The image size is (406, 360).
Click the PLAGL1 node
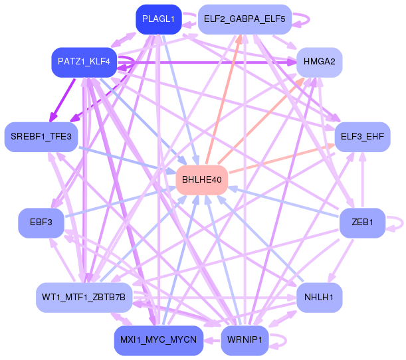(158, 19)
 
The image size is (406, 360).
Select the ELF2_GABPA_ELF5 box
(245, 19)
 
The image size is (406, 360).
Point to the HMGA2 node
(319, 62)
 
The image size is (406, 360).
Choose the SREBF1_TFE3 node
(41, 136)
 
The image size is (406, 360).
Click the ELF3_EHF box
(361, 137)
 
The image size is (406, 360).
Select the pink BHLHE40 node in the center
(202, 179)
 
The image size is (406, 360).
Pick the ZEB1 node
(361, 222)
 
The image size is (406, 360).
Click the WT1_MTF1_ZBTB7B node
(83, 296)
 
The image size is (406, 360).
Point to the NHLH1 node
(319, 296)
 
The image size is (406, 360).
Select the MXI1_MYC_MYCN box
(158, 340)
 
